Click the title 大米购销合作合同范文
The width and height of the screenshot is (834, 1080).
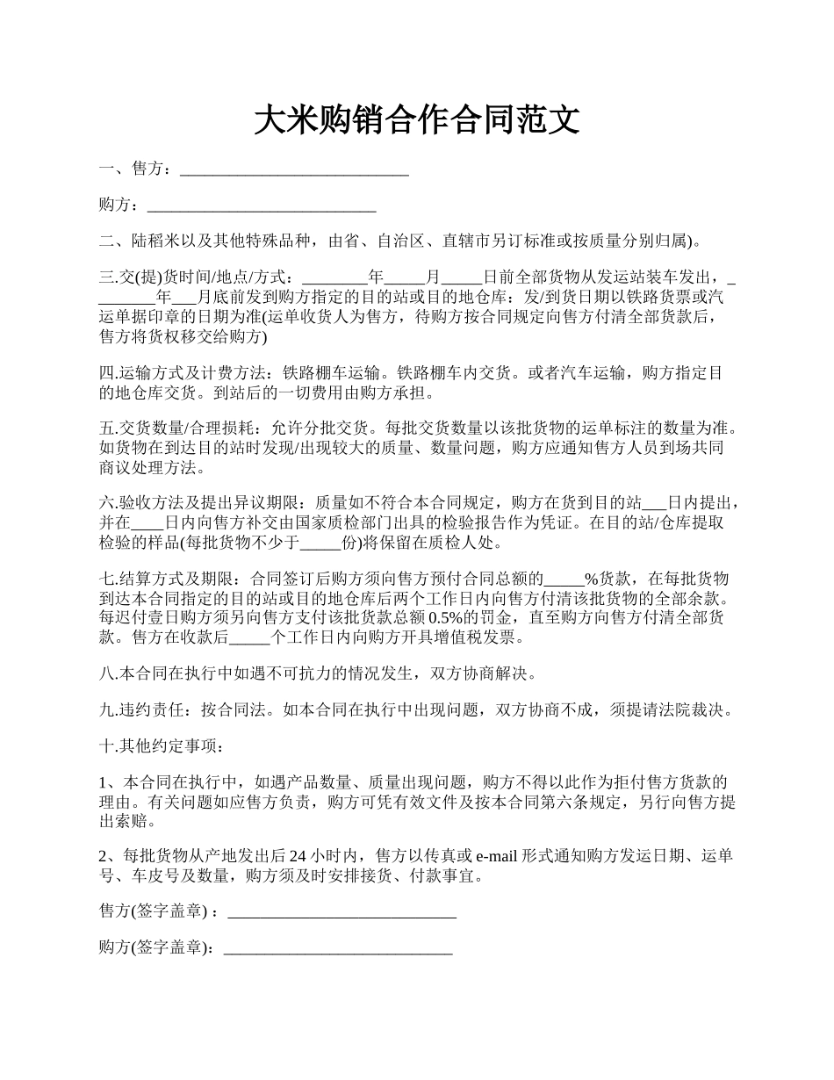417,120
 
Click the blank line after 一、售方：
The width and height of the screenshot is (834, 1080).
294,169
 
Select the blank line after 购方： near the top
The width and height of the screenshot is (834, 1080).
262,205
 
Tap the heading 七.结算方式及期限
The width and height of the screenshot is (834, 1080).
167,580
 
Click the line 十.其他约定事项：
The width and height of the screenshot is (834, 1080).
162,746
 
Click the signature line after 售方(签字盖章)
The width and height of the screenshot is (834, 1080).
342,913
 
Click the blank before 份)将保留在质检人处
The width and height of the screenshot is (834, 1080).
320,543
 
